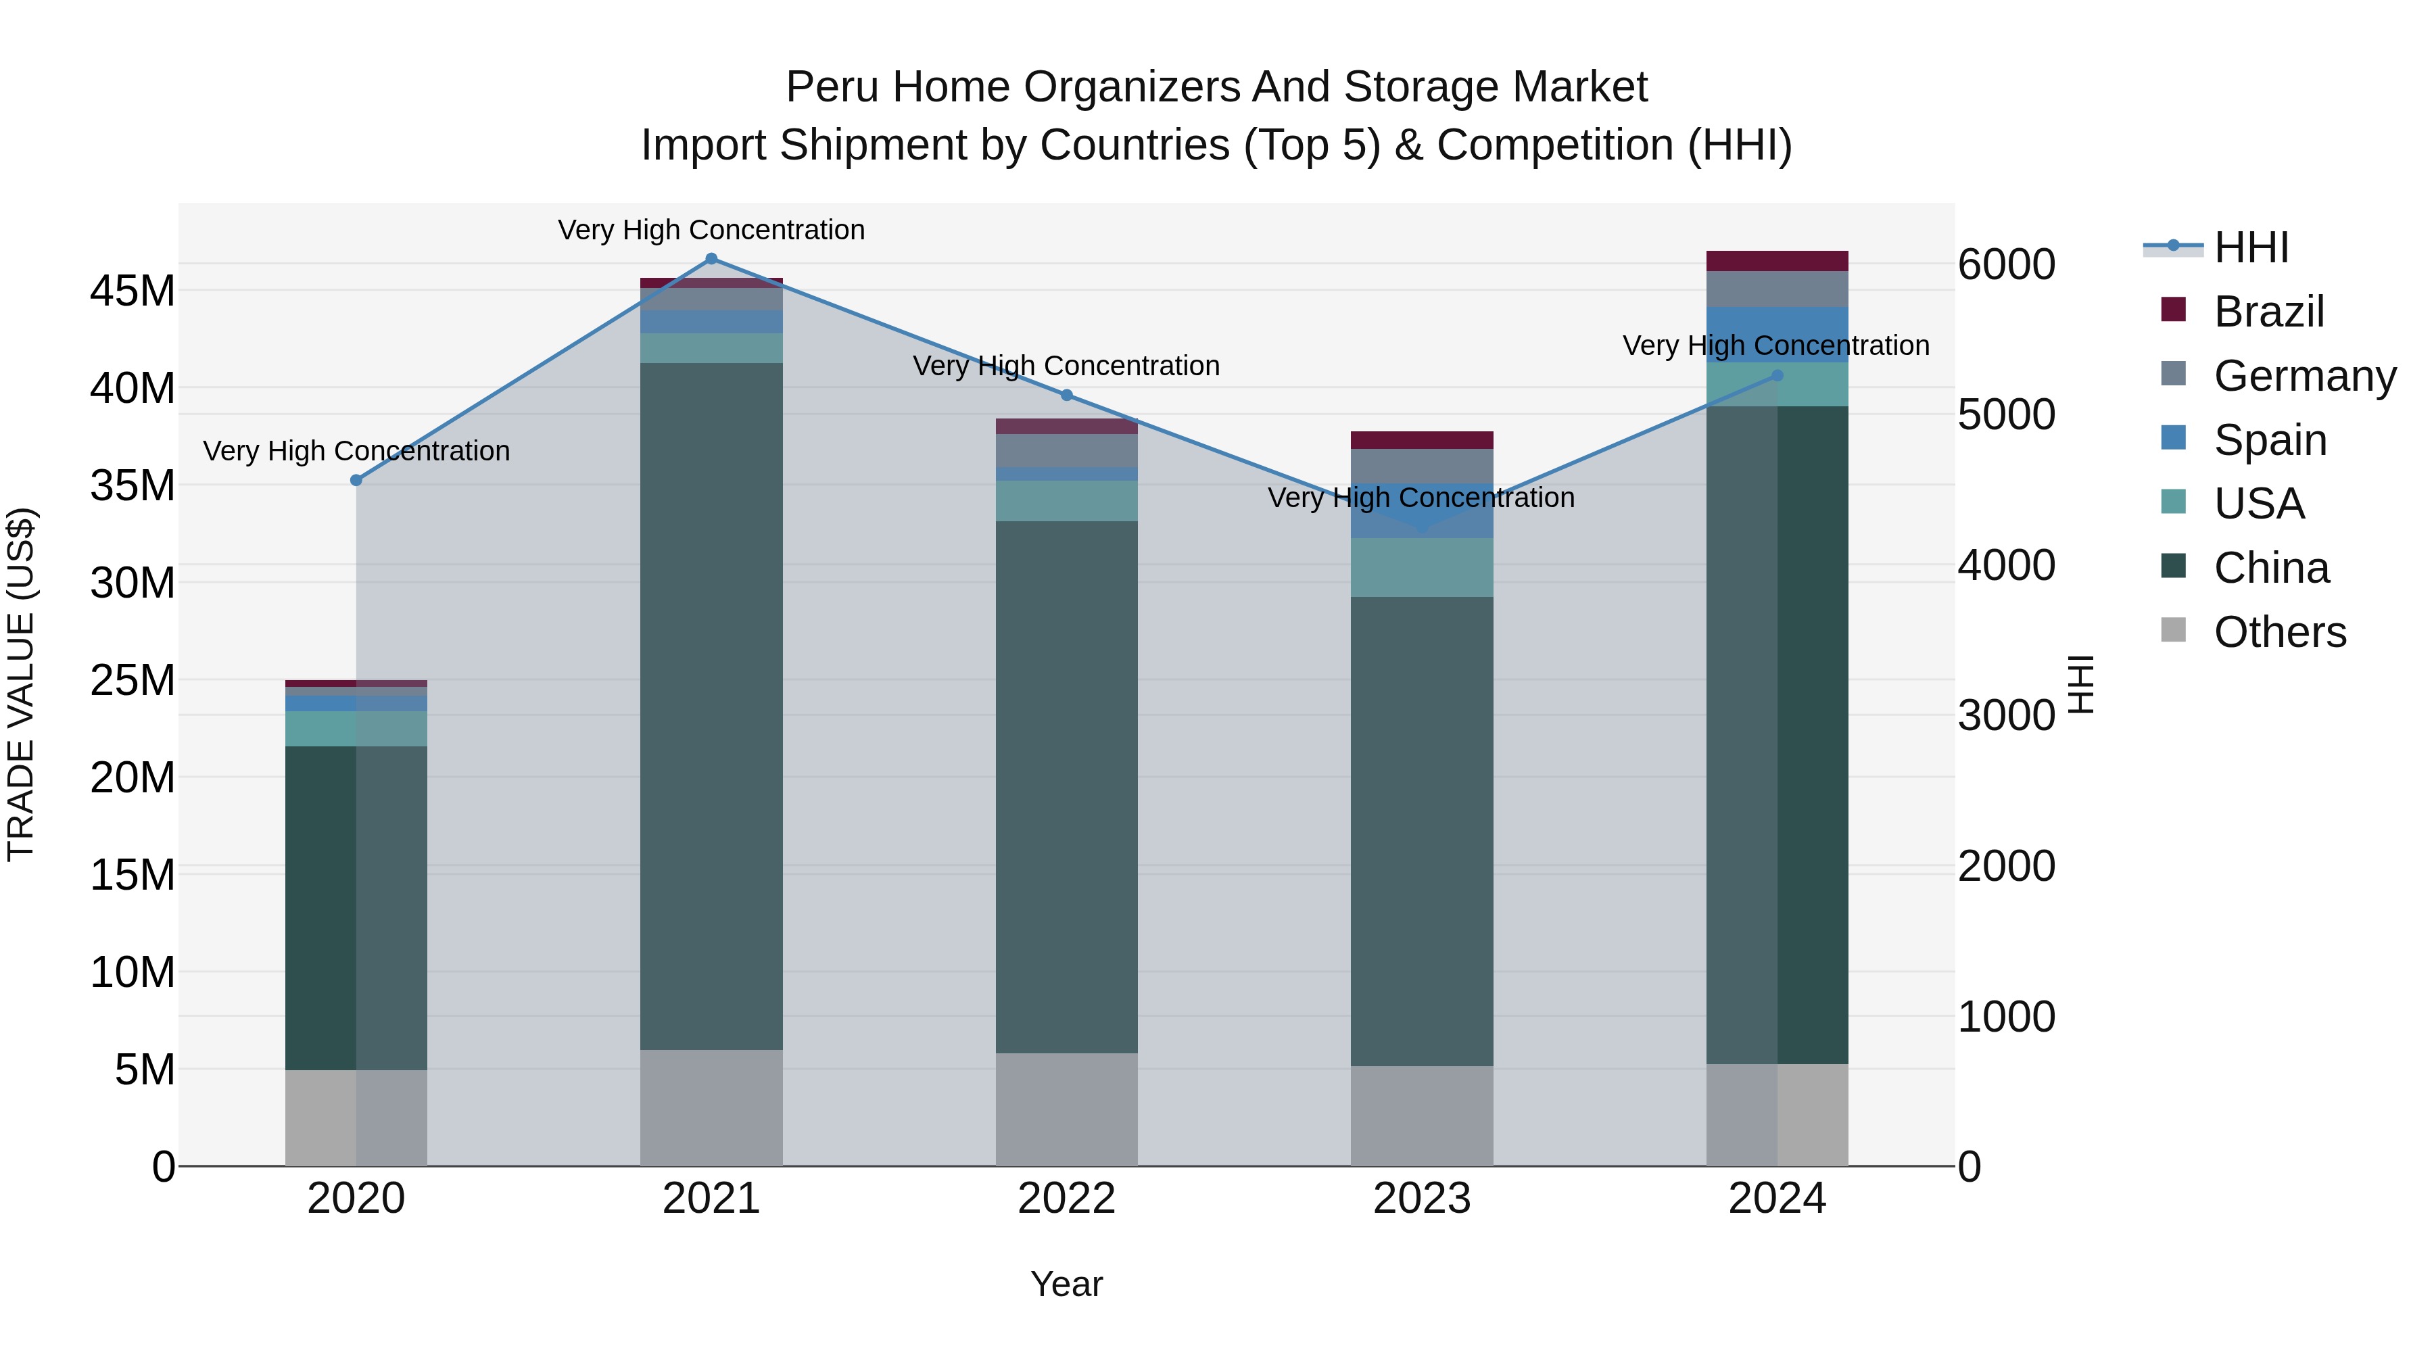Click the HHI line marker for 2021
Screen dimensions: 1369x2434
coord(711,259)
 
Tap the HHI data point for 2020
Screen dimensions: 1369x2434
coord(356,480)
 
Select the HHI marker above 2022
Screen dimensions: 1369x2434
coord(1067,395)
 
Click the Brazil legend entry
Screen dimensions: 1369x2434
coord(2268,312)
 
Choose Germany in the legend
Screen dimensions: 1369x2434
coord(2304,376)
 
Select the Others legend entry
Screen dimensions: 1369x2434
coord(2279,632)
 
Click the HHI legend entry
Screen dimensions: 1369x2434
coord(2251,247)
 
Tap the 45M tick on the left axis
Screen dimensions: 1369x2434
coord(133,291)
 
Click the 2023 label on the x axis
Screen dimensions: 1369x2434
coord(1421,1199)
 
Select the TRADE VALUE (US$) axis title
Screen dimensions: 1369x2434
coord(21,684)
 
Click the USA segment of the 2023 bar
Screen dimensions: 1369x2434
coord(1421,567)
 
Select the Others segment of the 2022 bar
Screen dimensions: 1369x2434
coord(1067,1109)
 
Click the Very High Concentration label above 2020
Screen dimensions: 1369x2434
coord(356,451)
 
